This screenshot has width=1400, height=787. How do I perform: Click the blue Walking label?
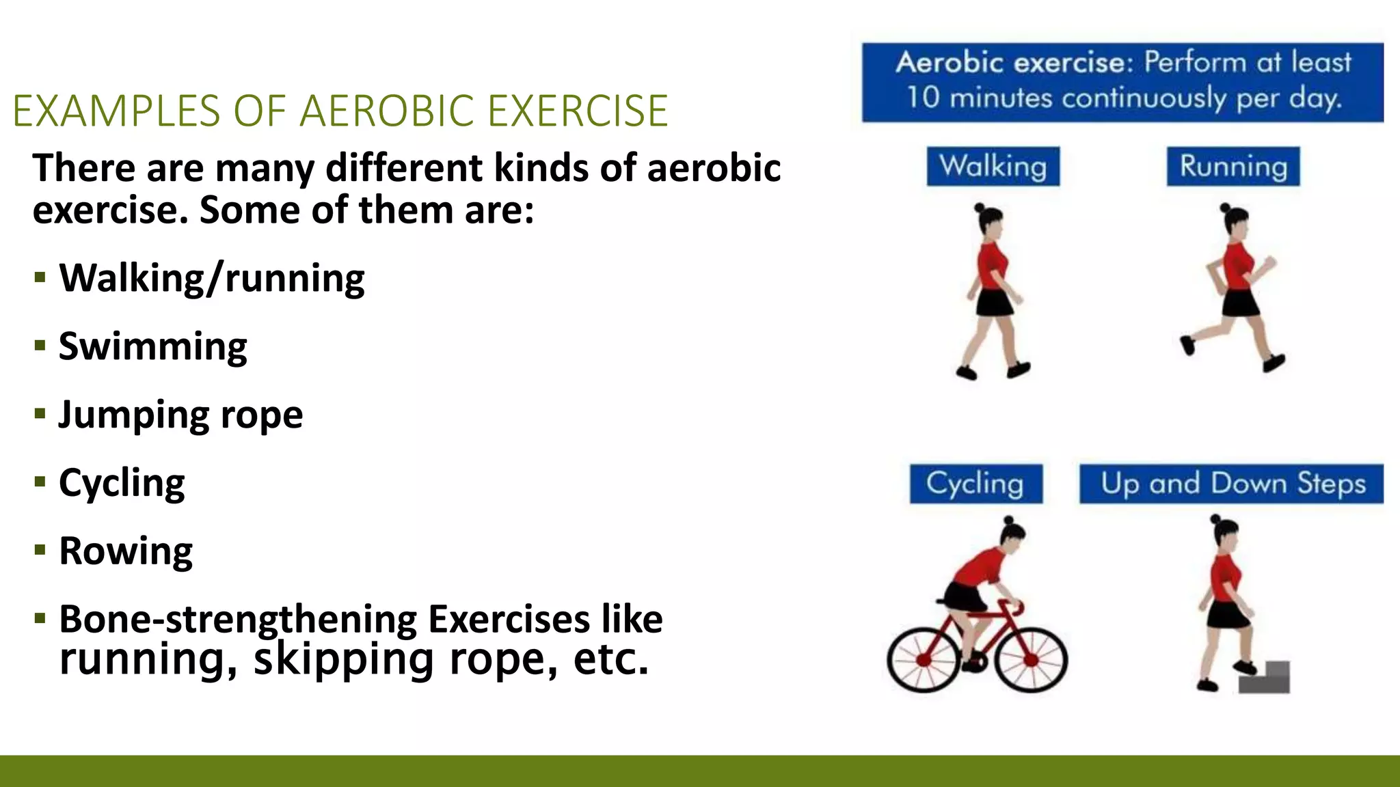click(x=993, y=166)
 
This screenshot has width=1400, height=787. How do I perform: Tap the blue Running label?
click(x=1233, y=166)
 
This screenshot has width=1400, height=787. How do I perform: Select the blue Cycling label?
click(x=975, y=484)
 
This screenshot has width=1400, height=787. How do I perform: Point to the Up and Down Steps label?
click(x=1232, y=484)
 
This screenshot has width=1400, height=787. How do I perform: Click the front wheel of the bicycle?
click(x=1031, y=659)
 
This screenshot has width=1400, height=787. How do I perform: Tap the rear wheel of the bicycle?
click(x=923, y=659)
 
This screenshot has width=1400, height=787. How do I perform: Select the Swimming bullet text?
click(x=153, y=346)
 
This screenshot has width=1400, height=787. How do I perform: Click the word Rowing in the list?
click(x=126, y=551)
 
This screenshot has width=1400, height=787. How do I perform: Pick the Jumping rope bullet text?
click(x=180, y=415)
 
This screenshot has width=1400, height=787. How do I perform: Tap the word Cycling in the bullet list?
click(x=122, y=483)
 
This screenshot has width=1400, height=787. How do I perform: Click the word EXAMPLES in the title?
click(x=116, y=111)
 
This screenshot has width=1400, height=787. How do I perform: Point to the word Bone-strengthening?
click(x=238, y=619)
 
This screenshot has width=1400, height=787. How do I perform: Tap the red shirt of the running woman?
click(x=1237, y=266)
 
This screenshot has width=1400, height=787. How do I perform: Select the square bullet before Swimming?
click(x=40, y=346)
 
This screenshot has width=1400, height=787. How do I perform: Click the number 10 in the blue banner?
click(x=923, y=97)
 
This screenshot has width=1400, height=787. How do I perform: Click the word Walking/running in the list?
click(x=212, y=278)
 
